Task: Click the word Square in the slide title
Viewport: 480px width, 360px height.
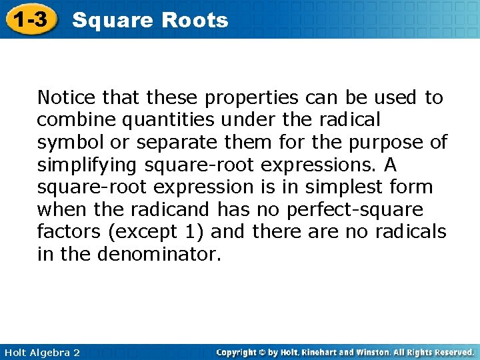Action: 112,21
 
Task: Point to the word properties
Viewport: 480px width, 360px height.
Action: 251,98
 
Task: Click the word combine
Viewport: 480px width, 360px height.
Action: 69,120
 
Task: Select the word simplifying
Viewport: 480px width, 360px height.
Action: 87,165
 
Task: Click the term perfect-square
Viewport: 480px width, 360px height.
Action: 355,209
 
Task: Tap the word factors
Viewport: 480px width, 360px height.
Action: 65,231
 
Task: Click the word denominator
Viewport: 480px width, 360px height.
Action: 159,254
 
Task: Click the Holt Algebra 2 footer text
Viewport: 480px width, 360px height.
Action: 41,352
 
